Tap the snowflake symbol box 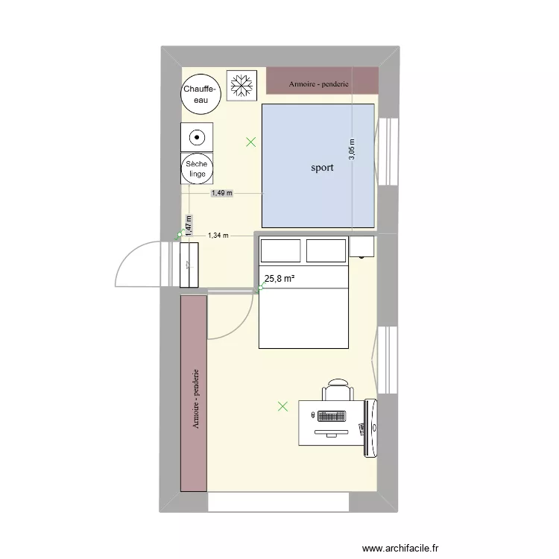pyautogui.click(x=241, y=84)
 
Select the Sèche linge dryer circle pyautogui.click(x=198, y=168)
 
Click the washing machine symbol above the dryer pyautogui.click(x=197, y=136)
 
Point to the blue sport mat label pyautogui.click(x=322, y=168)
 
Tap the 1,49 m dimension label pyautogui.click(x=221, y=193)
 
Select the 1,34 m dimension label pyautogui.click(x=218, y=236)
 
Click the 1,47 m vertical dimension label pyautogui.click(x=189, y=225)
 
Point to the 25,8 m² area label pyautogui.click(x=279, y=279)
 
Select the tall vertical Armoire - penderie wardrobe pyautogui.click(x=193, y=393)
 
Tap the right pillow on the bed pyautogui.click(x=326, y=250)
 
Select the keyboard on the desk pyautogui.click(x=332, y=416)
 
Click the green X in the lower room pyautogui.click(x=282, y=406)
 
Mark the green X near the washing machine pyautogui.click(x=251, y=142)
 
